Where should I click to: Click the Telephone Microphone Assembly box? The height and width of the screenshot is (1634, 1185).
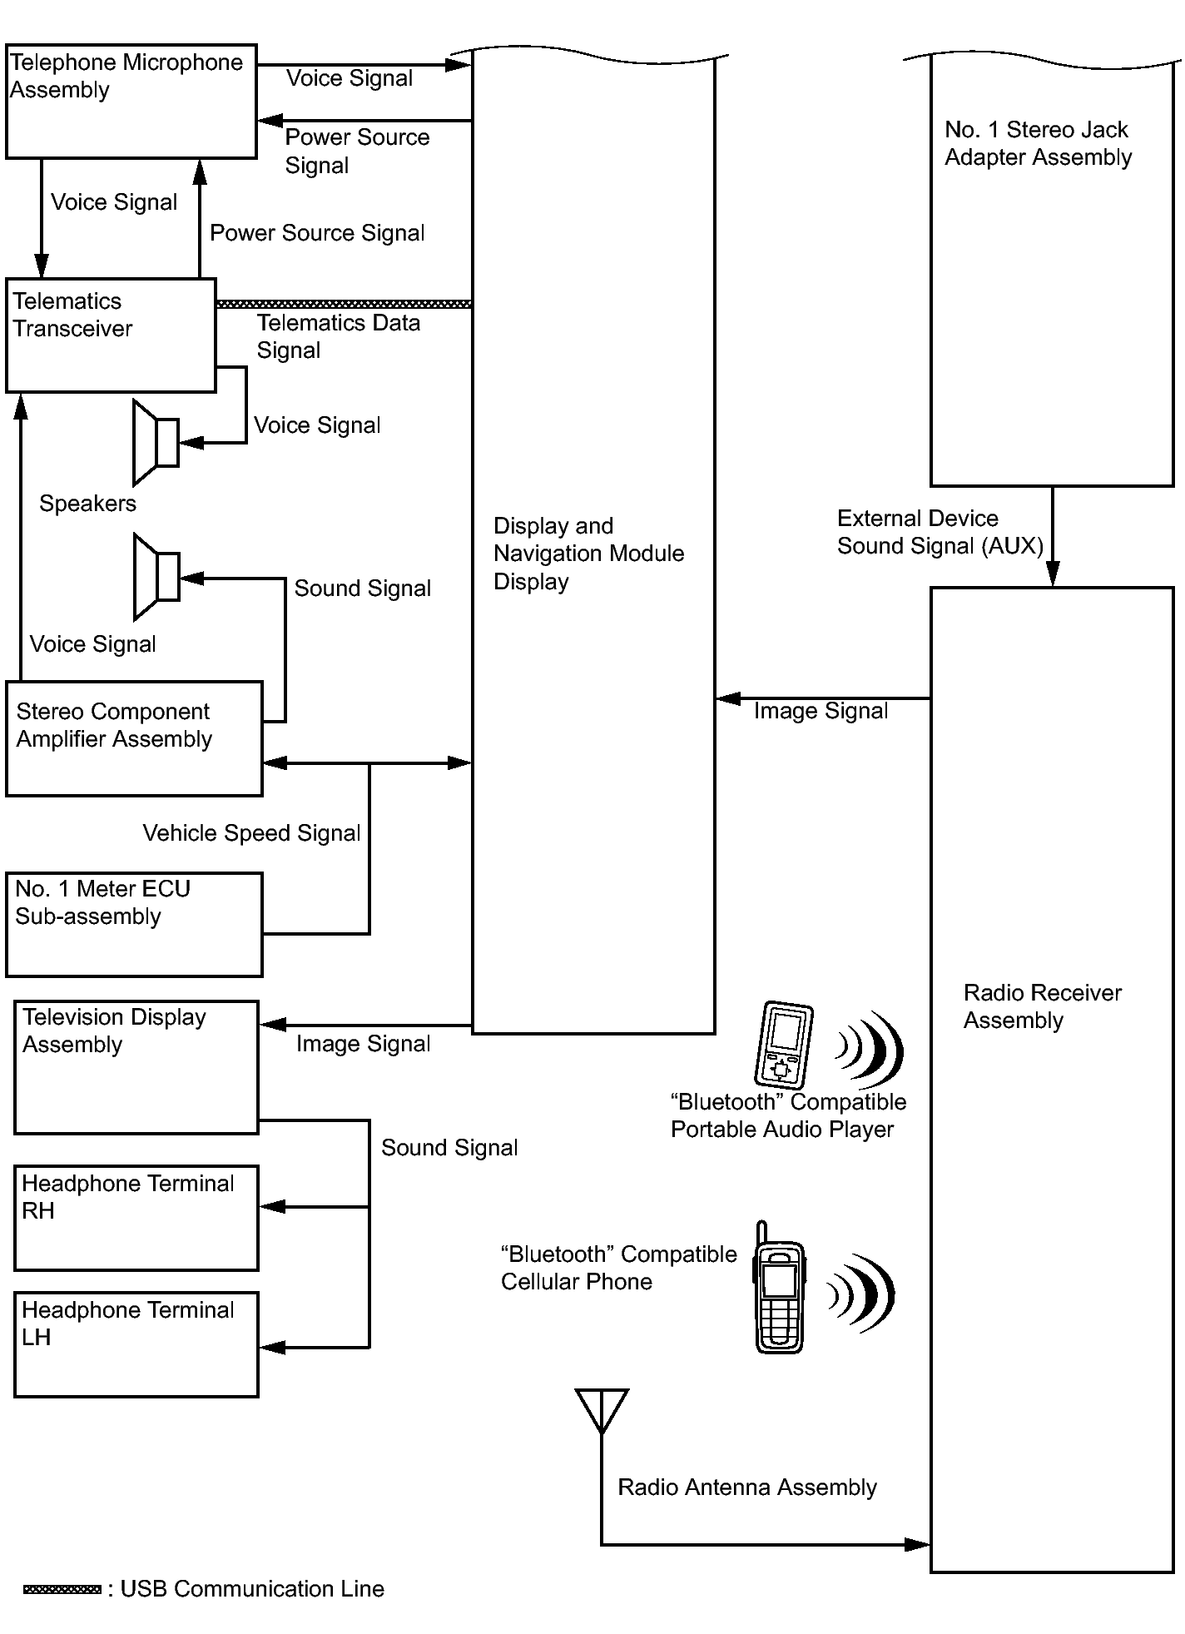click(131, 102)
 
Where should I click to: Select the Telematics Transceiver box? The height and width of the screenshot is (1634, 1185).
click(111, 335)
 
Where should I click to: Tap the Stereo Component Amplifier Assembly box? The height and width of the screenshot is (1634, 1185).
click(134, 739)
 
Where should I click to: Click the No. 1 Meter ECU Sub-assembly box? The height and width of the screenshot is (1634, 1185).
click(134, 924)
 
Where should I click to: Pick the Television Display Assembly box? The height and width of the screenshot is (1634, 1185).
click(136, 1067)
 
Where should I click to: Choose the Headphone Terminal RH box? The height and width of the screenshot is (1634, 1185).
click(136, 1218)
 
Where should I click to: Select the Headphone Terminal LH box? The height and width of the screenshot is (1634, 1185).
click(136, 1344)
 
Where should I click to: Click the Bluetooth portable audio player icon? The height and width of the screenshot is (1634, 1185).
click(783, 1045)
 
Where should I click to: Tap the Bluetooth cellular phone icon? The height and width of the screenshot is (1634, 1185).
click(779, 1289)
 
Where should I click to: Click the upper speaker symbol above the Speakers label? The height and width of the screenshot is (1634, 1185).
click(156, 443)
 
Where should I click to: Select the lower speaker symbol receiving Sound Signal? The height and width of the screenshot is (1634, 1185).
click(156, 577)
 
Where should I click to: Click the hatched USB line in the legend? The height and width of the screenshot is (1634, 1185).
click(62, 1589)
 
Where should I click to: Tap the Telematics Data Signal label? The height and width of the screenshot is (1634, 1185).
click(338, 336)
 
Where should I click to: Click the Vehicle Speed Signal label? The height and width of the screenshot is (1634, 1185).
click(251, 833)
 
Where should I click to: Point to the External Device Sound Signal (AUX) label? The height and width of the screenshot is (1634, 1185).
click(940, 532)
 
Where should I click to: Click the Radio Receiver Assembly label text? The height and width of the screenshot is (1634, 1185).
click(1042, 1006)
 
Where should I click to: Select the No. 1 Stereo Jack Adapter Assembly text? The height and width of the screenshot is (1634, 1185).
click(1038, 143)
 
